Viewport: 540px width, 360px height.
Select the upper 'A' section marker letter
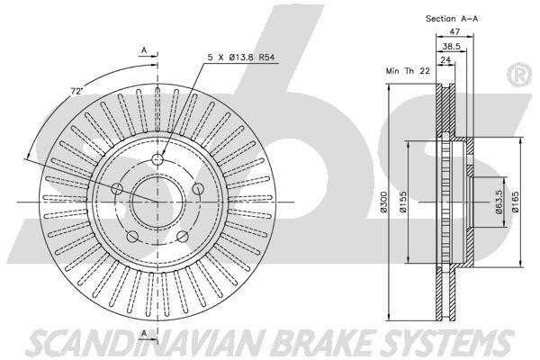tap(143, 51)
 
